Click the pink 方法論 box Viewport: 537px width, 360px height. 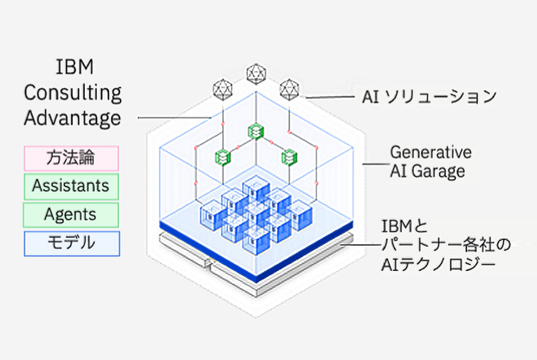(x=70, y=157)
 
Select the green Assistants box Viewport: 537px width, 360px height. (x=70, y=185)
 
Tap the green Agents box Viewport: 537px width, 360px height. (x=70, y=213)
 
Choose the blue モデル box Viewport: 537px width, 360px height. (x=70, y=241)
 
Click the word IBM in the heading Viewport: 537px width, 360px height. (x=72, y=67)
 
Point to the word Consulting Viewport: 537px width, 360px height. (x=72, y=93)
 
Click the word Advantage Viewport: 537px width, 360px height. (x=72, y=118)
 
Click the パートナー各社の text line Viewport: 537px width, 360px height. (x=441, y=249)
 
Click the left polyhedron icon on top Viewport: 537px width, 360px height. (x=223, y=88)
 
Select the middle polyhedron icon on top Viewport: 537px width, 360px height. (x=256, y=74)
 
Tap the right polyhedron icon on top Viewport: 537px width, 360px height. (x=288, y=88)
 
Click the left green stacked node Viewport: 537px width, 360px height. (x=222, y=156)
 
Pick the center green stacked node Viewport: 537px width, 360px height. (x=255, y=131)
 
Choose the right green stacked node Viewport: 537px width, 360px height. (x=288, y=156)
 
